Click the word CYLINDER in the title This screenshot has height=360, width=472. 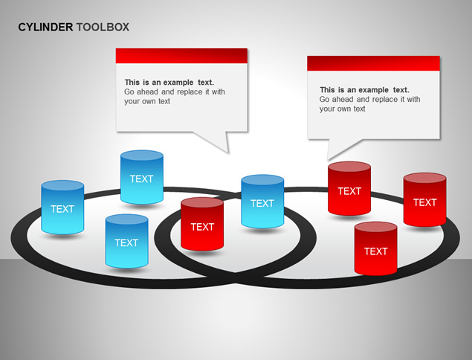pyautogui.click(x=45, y=27)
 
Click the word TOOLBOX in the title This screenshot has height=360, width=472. pyautogui.click(x=103, y=27)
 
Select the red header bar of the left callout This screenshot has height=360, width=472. pyautogui.click(x=181, y=56)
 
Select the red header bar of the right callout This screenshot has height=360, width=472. pyautogui.click(x=374, y=63)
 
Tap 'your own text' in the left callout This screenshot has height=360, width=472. pyautogui.click(x=147, y=101)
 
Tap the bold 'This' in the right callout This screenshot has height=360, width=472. pyautogui.click(x=327, y=90)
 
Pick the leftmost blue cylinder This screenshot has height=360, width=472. pyautogui.click(x=62, y=208)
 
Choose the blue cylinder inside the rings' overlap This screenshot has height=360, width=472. pyautogui.click(x=262, y=202)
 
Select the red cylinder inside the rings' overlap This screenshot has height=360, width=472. pyautogui.click(x=202, y=224)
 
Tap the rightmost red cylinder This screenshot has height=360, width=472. pyautogui.click(x=424, y=199)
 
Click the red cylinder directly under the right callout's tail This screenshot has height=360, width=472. pyautogui.click(x=349, y=189)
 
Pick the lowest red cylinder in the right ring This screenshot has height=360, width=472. pyautogui.click(x=375, y=248)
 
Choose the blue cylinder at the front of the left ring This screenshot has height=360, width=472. pyautogui.click(x=126, y=241)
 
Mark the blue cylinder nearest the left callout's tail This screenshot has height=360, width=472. pyautogui.click(x=142, y=177)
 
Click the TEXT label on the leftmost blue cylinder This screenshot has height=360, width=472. pyautogui.click(x=62, y=209)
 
